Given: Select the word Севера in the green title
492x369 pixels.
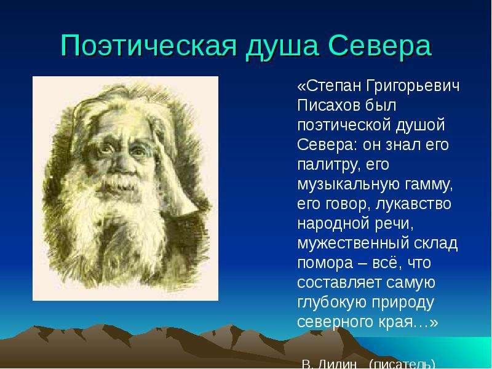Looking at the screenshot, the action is point(380,46).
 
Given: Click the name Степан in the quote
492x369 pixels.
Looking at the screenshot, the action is point(330,86).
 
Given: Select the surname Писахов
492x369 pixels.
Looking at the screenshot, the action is point(328,105).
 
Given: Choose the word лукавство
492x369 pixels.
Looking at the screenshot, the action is point(413,204).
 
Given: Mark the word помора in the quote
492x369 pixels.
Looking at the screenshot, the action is point(325,264).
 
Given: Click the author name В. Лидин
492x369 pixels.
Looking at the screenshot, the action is point(330,364).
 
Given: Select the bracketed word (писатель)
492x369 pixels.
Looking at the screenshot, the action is point(402,364).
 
